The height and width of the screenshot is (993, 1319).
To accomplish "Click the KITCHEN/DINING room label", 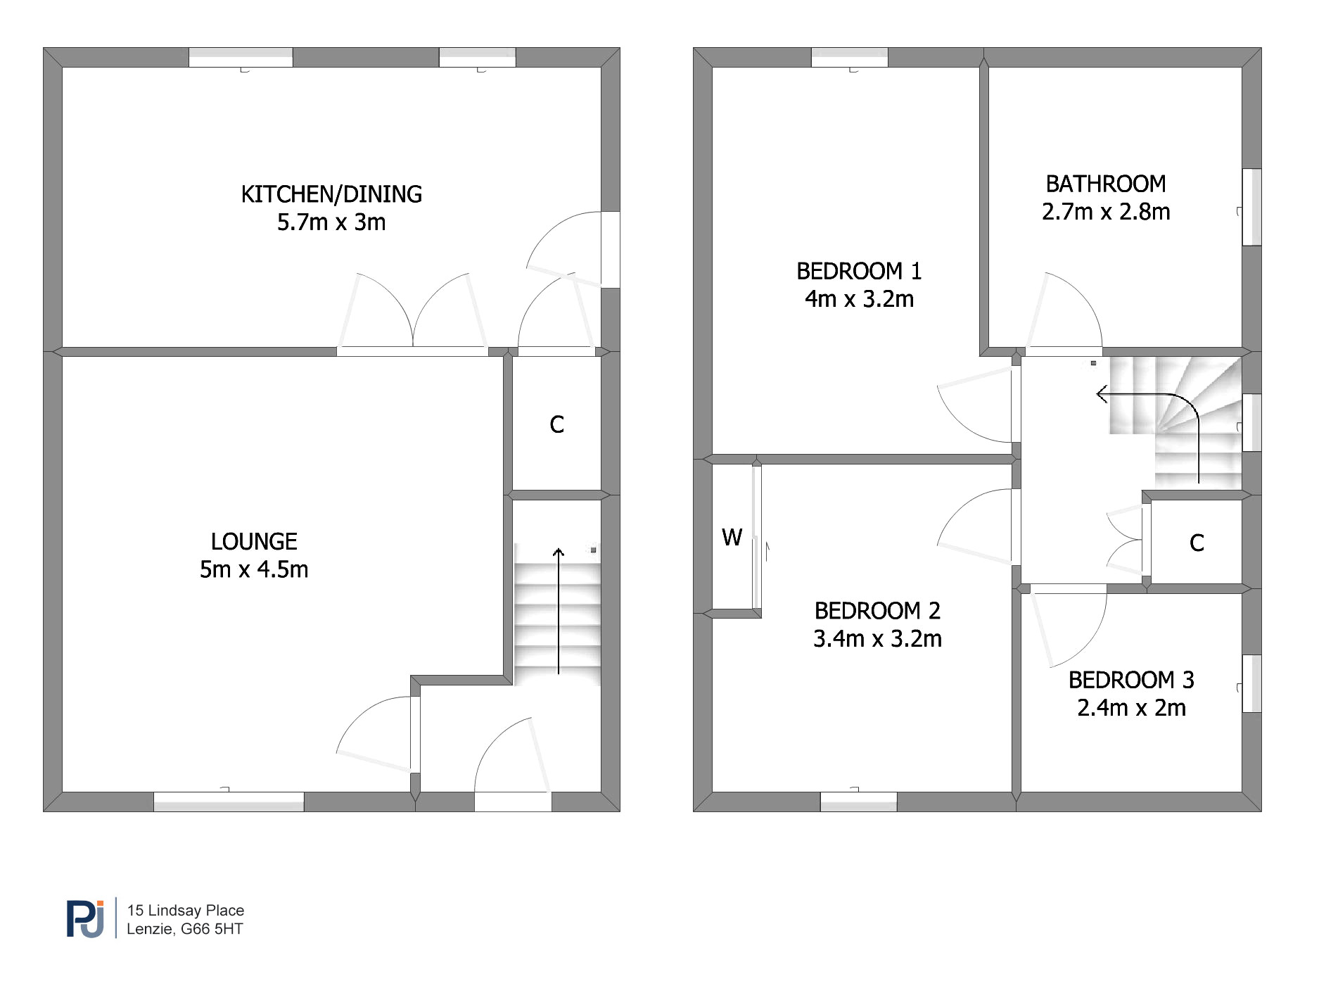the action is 331,194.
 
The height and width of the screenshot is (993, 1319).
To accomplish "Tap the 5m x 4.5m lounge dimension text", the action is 254,569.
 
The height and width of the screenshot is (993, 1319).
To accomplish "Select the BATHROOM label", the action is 1106,184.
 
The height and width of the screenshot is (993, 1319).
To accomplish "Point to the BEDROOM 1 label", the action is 859,271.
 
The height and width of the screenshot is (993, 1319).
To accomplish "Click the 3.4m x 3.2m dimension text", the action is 877,639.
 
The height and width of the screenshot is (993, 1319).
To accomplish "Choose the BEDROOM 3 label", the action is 1131,680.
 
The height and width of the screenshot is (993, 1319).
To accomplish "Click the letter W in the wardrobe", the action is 732,538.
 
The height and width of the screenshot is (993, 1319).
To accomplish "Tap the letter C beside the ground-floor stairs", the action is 556,424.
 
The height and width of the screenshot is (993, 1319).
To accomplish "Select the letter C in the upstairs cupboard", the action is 1197,543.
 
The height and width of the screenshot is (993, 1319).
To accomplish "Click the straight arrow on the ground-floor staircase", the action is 559,611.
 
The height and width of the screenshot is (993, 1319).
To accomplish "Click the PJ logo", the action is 85,918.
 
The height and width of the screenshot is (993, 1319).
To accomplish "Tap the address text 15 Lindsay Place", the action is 186,910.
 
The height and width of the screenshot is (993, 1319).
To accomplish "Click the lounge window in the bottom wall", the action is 229,802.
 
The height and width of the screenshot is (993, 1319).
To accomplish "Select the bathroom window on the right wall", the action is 1251,207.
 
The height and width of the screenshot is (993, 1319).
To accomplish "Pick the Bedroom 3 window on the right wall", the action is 1251,683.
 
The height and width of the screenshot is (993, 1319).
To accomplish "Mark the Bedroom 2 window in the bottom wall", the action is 859,802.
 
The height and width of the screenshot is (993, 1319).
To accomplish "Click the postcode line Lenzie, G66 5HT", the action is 185,929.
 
